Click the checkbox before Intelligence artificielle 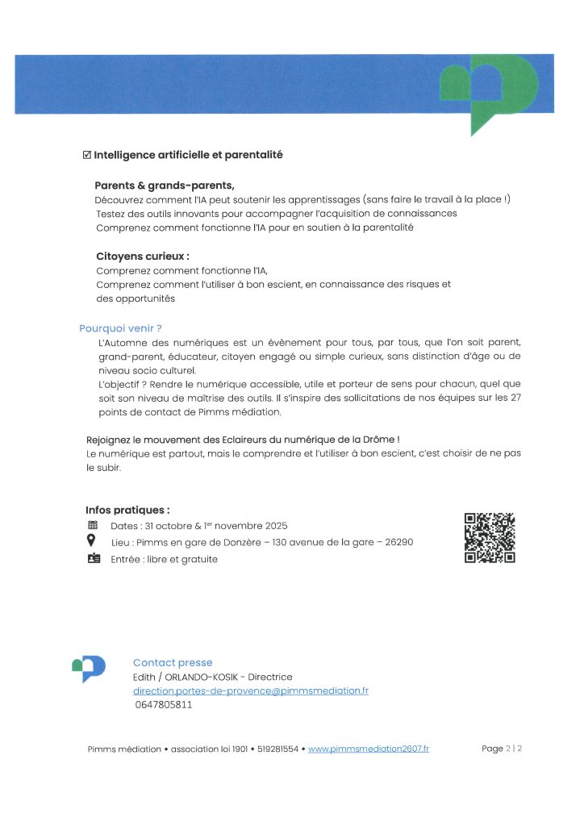[x=88, y=155]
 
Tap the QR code [x=490, y=538]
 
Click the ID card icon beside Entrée [x=93, y=559]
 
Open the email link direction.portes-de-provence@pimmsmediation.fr [x=250, y=691]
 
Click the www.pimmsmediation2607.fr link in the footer [x=369, y=749]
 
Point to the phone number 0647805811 [x=164, y=705]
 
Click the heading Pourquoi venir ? [x=120, y=328]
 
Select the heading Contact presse [x=173, y=663]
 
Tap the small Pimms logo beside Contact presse [x=89, y=667]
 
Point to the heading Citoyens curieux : [x=142, y=257]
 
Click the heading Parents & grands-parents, [x=164, y=185]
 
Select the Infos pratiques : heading [x=127, y=510]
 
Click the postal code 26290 [x=398, y=542]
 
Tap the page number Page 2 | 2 [x=502, y=749]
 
